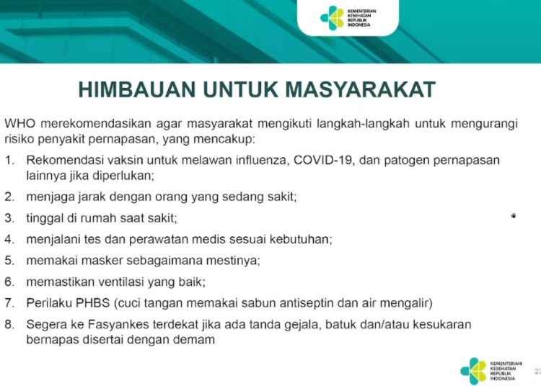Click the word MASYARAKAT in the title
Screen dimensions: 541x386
coord(361,89)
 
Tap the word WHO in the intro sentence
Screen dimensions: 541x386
coord(20,124)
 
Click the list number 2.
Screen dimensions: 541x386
coord(9,197)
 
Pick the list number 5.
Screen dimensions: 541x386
coord(9,260)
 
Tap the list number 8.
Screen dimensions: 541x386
coord(9,324)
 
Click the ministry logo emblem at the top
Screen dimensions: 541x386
coord(332,17)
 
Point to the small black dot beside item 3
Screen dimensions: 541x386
coord(514,216)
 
